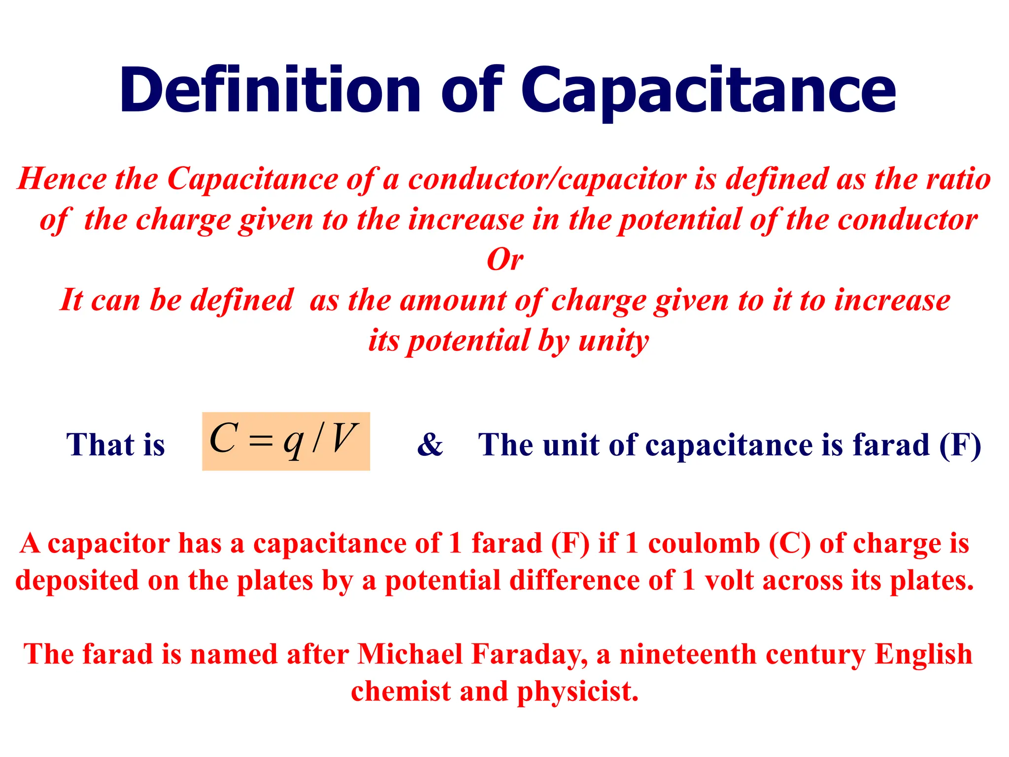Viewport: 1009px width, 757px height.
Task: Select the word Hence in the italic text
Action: (62, 178)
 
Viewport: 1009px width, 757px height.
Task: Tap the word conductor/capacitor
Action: (547, 178)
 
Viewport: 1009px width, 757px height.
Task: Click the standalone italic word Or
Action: (504, 260)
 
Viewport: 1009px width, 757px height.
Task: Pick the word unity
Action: (613, 341)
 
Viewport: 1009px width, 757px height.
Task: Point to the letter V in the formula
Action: (343, 438)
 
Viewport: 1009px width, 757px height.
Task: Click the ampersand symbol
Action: (430, 445)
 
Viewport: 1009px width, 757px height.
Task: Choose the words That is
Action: (115, 445)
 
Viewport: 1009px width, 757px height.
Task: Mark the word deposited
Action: (77, 580)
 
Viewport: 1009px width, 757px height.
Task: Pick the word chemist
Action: (401, 691)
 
